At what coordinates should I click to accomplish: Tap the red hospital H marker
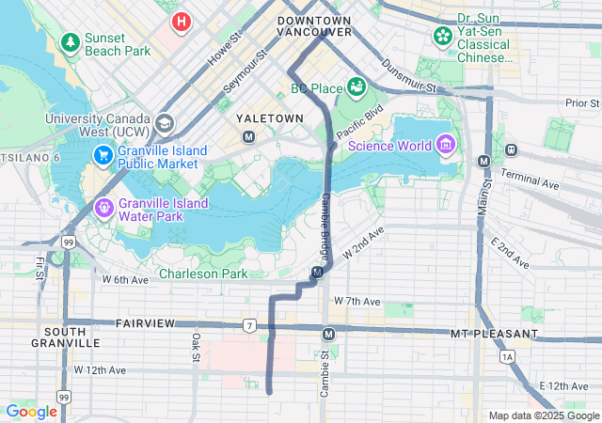[x=180, y=20]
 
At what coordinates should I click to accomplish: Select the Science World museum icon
[x=445, y=145]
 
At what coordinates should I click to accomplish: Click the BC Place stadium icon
[x=356, y=88]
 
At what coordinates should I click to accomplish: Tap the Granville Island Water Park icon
[x=103, y=207]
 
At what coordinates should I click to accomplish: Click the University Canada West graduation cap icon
[x=165, y=123]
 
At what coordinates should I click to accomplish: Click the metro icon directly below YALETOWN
[x=249, y=137]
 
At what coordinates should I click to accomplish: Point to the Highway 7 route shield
[x=248, y=326]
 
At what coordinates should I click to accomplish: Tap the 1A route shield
[x=509, y=357]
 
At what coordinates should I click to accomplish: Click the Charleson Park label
[x=202, y=274]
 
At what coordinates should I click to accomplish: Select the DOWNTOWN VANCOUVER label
[x=314, y=25]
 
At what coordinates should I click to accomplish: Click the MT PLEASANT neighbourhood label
[x=493, y=334]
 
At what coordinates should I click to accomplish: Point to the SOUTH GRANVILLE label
[x=71, y=337]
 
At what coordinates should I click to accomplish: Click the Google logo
[x=31, y=411]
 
